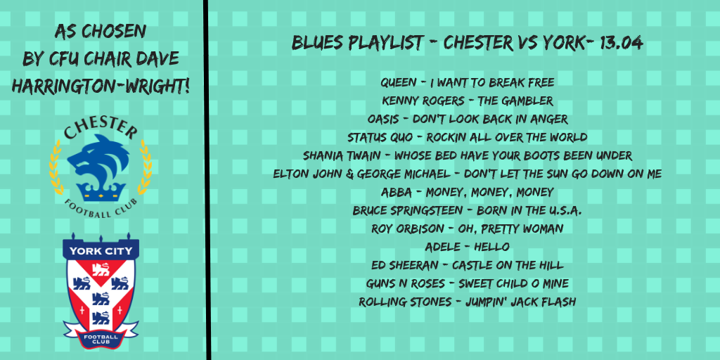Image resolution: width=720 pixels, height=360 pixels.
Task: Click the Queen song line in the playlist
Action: click(468, 83)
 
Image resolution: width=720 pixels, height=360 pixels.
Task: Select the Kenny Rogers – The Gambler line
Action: click(468, 101)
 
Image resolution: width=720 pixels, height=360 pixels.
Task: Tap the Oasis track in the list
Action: click(468, 119)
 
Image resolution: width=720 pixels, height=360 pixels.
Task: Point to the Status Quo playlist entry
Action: click(468, 137)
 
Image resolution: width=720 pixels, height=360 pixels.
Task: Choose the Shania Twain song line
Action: click(468, 155)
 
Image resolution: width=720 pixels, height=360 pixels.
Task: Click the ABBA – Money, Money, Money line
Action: click(468, 192)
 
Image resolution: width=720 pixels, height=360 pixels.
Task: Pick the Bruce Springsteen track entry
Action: click(468, 210)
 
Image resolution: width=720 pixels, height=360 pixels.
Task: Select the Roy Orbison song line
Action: click(468, 229)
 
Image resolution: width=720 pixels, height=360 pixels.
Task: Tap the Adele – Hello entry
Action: click(468, 247)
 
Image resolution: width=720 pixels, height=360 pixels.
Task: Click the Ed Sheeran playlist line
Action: click(468, 265)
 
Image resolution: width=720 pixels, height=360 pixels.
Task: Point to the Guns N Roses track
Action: click(468, 284)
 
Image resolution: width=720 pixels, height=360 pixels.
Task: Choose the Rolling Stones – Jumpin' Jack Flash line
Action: click(468, 302)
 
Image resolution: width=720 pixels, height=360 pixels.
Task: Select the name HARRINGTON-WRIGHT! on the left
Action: click(101, 86)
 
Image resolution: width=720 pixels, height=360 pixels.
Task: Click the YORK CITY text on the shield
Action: click(101, 251)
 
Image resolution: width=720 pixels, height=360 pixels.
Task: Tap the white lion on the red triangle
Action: click(101, 269)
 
